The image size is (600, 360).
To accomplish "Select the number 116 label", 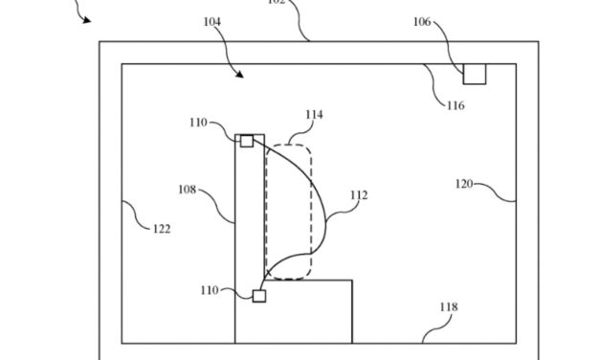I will [455, 105].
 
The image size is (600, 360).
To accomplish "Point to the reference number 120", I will [465, 182].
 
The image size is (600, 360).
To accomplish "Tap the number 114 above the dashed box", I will [313, 115].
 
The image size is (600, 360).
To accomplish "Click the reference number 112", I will [359, 195].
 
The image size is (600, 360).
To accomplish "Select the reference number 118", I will [449, 307].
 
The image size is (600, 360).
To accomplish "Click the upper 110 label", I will [197, 123].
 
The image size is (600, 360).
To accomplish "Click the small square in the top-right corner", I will [475, 74].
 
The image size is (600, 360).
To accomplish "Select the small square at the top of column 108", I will [246, 141].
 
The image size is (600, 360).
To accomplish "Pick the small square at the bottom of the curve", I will [258, 296].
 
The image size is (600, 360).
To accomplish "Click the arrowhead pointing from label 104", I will [239, 74].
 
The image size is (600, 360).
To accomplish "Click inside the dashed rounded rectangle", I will [288, 211].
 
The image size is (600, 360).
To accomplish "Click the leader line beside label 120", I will [500, 191].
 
